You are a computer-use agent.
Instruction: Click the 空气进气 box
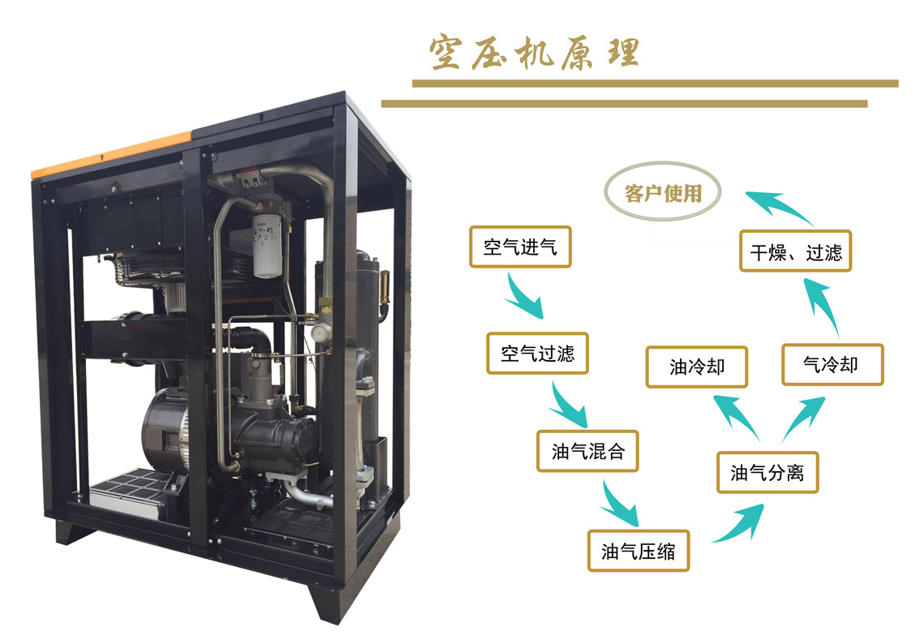tap(520, 247)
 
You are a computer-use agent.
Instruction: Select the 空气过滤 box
tap(537, 353)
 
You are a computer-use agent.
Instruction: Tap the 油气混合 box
tap(587, 451)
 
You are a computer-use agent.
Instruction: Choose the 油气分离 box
tap(767, 472)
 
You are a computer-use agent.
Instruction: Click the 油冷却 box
tap(696, 367)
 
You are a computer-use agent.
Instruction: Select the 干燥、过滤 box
tap(795, 251)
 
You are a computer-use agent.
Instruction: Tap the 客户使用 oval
tap(663, 194)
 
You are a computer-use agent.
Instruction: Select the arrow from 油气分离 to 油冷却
tap(734, 414)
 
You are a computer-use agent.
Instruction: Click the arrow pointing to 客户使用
tap(779, 206)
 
